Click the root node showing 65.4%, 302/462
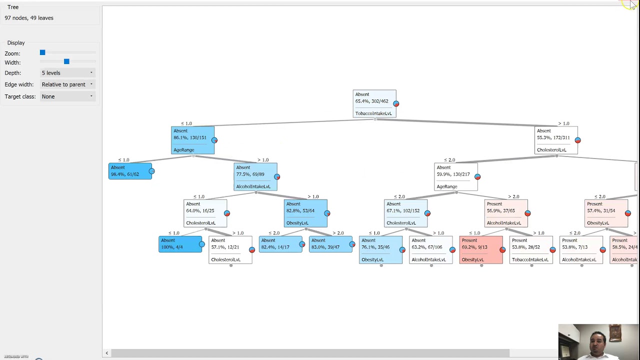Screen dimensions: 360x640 374,103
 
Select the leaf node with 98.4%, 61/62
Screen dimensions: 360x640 130,171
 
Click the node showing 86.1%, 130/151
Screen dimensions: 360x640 192,140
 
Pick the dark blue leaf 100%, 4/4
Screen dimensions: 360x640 180,244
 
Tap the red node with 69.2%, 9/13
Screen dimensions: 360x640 480,250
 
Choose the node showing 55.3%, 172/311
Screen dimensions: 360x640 556,140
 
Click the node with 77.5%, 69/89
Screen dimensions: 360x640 255,176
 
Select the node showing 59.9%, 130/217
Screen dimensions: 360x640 455,176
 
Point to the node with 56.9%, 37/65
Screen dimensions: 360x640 505,213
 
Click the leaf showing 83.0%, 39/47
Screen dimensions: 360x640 330,244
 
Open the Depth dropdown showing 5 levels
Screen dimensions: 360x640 67,73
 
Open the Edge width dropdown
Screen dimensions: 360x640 67,84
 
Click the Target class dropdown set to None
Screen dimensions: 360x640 67,96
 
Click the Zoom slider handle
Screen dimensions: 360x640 42,52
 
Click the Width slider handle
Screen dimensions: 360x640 66,61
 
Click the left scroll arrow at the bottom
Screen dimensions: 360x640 106,353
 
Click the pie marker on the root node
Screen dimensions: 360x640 396,103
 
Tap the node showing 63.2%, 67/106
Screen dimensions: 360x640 430,250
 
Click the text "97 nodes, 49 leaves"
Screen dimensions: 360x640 29,18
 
